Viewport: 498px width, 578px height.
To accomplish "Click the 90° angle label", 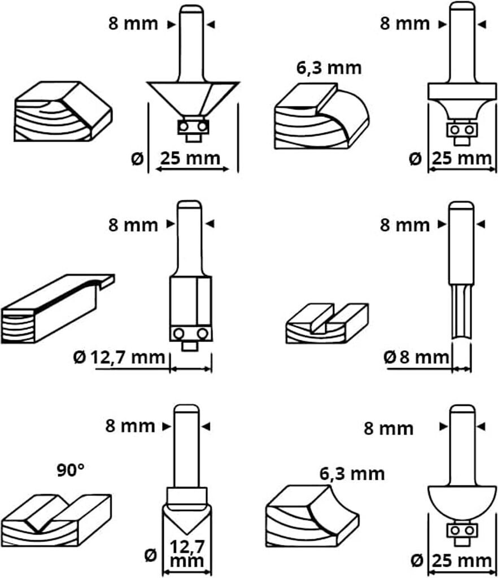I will tap(70, 470).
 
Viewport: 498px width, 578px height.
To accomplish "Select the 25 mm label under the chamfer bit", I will tap(190, 159).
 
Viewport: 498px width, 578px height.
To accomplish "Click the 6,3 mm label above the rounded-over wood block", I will tap(329, 69).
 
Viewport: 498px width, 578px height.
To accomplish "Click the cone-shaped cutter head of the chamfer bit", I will tap(191, 99).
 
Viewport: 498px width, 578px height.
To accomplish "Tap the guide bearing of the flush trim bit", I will tap(191, 334).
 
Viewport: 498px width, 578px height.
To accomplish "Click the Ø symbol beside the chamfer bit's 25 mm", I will tap(136, 159).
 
